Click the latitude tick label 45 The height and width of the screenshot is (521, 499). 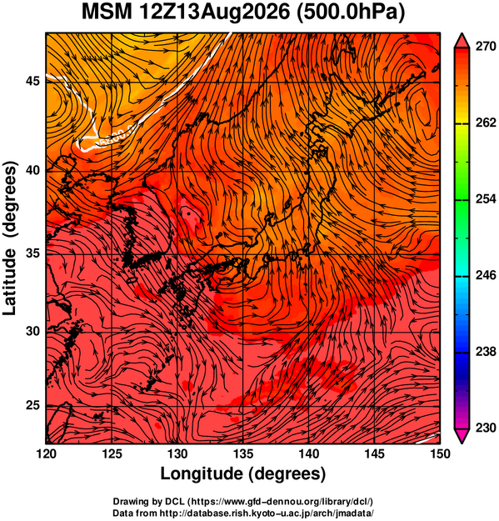[x=32, y=81]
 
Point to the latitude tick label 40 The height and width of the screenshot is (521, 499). [x=32, y=170]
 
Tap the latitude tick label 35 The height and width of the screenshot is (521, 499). [x=32, y=253]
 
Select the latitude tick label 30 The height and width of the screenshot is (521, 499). [x=32, y=331]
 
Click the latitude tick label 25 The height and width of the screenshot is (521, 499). [x=32, y=406]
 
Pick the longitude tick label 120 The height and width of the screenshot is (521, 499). [x=46, y=453]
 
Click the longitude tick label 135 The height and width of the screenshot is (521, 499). [x=243, y=453]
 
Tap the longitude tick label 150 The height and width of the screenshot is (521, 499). [x=440, y=453]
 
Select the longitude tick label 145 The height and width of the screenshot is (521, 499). [x=375, y=453]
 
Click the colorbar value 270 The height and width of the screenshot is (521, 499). [x=486, y=47]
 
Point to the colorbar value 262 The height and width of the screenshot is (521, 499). [x=486, y=123]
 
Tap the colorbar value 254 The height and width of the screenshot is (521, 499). [x=486, y=199]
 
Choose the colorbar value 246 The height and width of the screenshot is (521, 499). [x=486, y=275]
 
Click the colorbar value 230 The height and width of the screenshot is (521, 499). [x=486, y=428]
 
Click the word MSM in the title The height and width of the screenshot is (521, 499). [x=107, y=13]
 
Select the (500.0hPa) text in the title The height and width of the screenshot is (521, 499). [x=350, y=13]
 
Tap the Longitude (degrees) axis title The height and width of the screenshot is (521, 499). [x=243, y=474]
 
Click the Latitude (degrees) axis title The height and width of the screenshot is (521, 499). [x=9, y=238]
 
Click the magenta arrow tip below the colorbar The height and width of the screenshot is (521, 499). [x=462, y=443]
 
